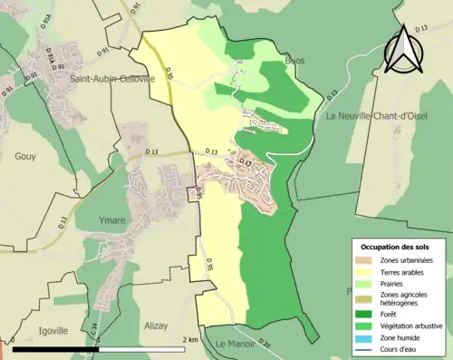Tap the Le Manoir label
(x=235, y=343)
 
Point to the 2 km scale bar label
(x=190, y=340)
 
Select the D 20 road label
(x=264, y=342)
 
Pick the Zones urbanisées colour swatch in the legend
(x=366, y=260)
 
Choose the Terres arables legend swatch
(x=366, y=272)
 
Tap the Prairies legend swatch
(x=366, y=283)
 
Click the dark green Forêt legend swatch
(x=366, y=311)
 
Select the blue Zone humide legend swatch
(x=366, y=336)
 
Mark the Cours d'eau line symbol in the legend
(x=366, y=347)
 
